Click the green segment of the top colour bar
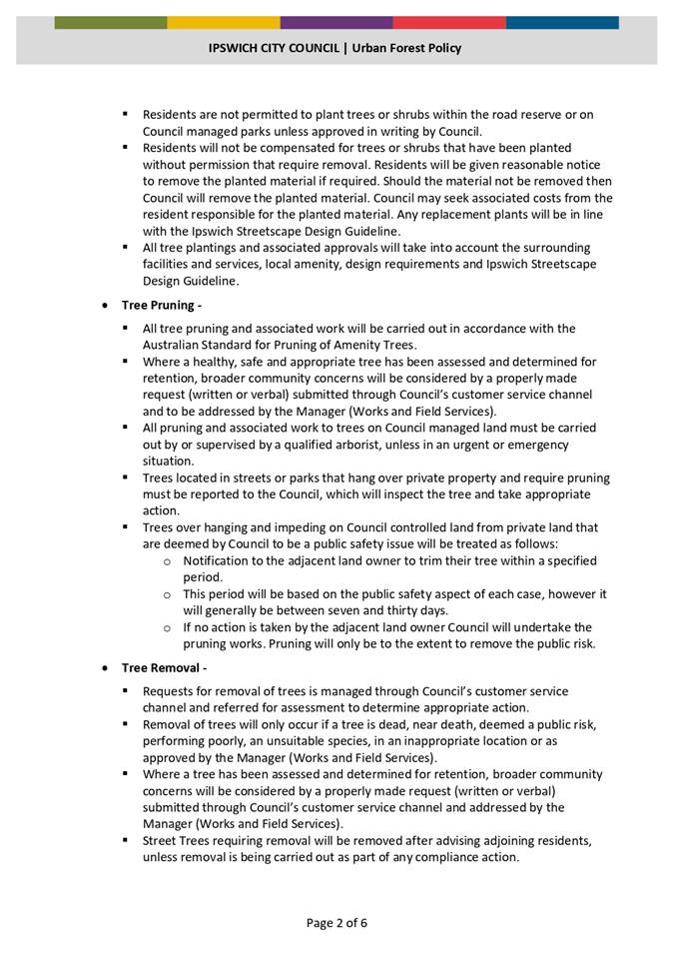(111, 22)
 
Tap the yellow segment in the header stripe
(224, 22)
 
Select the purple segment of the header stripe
(337, 22)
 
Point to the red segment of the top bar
(449, 22)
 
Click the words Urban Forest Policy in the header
(405, 47)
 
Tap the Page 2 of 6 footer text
(337, 922)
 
